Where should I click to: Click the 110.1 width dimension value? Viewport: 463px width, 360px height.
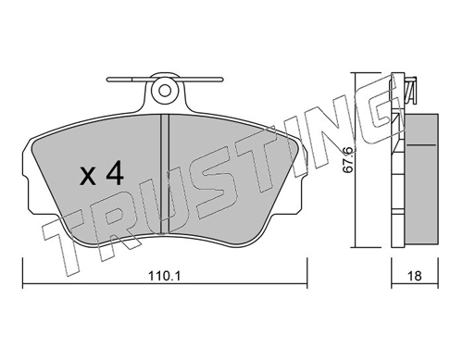click(x=165, y=276)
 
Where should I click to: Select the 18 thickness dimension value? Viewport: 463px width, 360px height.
click(x=415, y=276)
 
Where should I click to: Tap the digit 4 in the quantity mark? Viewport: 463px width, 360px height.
click(x=115, y=174)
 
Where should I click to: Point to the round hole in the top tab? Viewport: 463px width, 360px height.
click(x=165, y=90)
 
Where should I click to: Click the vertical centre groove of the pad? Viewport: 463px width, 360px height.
click(x=165, y=173)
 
